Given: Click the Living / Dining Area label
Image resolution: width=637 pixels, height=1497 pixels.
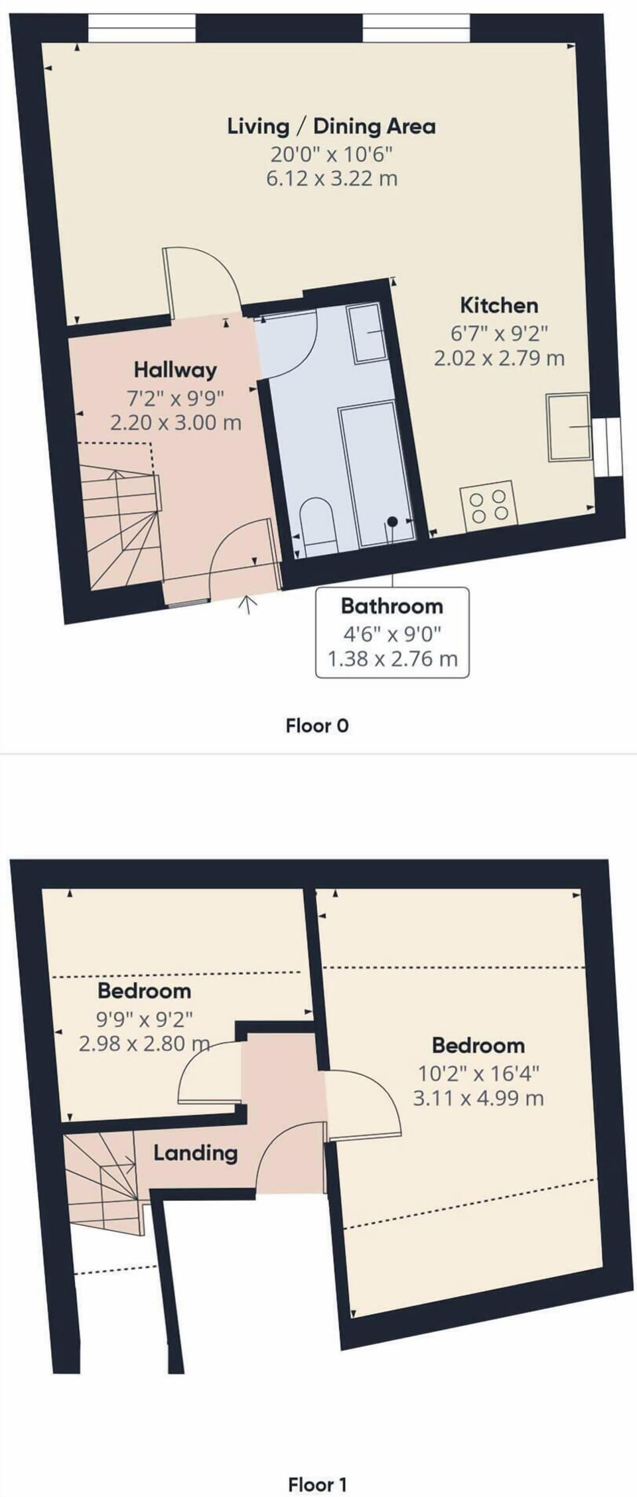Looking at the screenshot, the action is coord(331,126).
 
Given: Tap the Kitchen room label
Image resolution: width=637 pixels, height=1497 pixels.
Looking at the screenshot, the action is coord(499,305).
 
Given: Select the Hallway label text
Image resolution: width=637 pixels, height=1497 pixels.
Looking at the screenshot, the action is coord(175,370).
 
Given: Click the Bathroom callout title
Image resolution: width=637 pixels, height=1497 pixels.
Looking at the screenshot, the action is coord(391,606).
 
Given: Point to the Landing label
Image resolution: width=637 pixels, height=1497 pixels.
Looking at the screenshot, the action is coord(195,1153).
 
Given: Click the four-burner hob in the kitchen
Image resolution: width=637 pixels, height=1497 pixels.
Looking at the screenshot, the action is coord(488,506).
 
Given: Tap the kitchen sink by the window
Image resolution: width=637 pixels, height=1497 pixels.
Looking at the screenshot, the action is coord(569,427).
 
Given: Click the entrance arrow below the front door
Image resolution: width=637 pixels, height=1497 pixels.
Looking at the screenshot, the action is coord(248,604).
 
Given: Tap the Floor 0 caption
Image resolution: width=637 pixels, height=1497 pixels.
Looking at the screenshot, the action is coord(317,725).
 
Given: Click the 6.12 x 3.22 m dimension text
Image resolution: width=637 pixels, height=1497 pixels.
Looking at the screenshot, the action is coord(332,179).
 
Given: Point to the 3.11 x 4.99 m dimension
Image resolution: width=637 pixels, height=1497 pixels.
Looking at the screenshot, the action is coord(478,1098).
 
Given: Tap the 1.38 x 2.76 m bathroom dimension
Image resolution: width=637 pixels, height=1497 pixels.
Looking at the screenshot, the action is coord(392,659).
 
